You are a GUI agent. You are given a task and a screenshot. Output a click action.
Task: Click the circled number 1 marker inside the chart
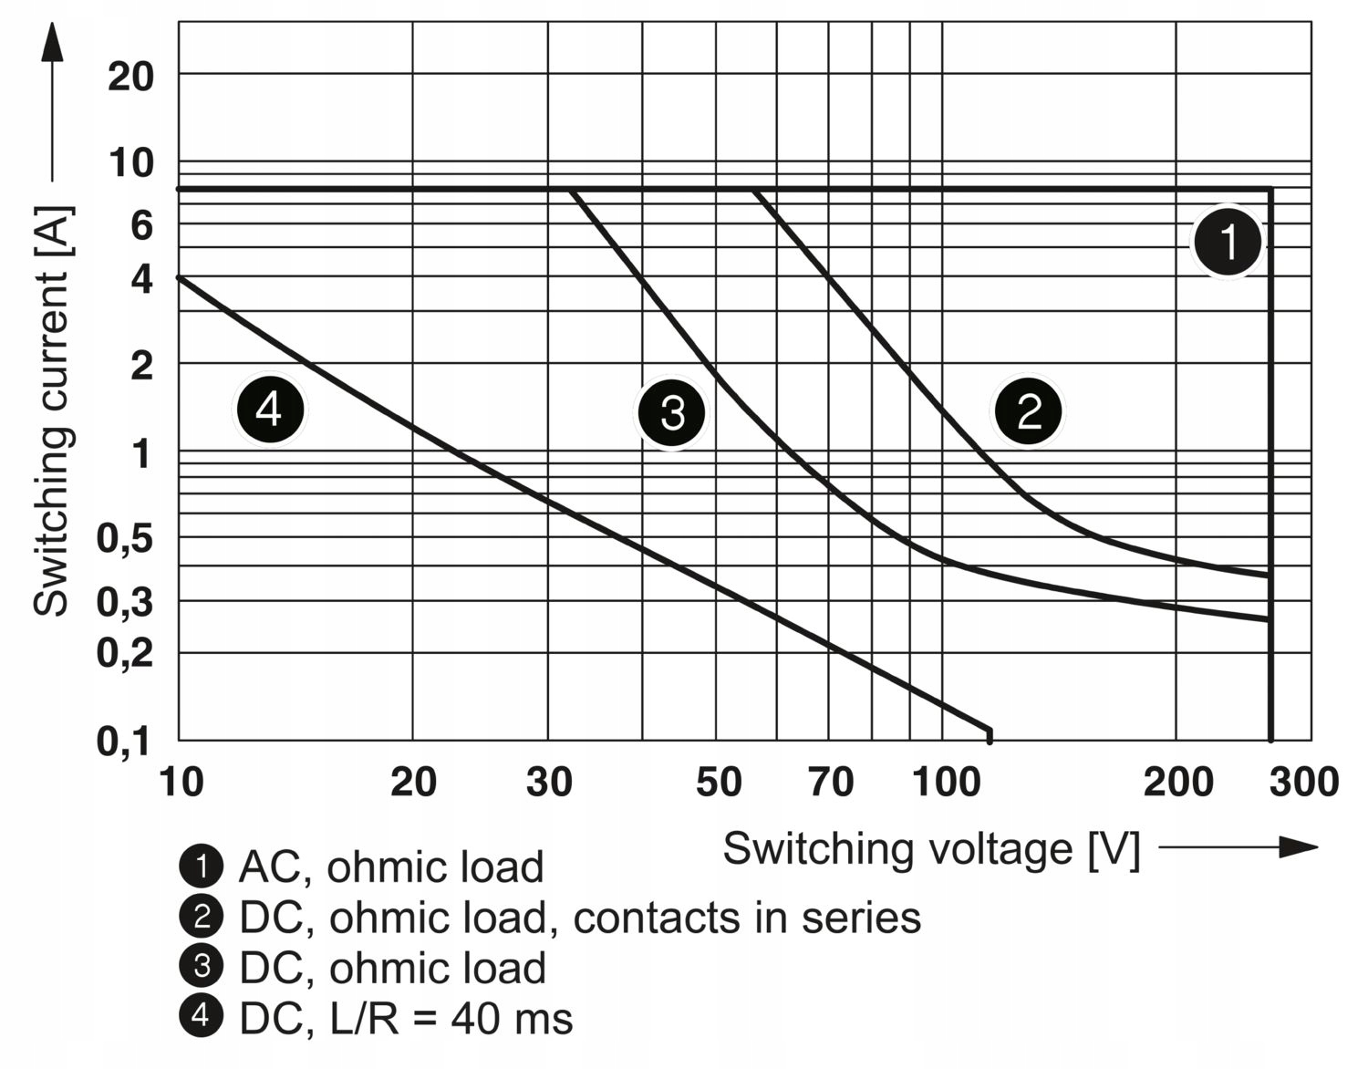click(x=1228, y=243)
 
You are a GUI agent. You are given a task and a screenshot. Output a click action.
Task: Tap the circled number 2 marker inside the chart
click(x=1029, y=411)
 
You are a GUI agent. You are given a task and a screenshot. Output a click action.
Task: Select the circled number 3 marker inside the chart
click(x=672, y=412)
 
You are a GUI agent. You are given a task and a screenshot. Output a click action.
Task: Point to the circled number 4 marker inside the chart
click(x=270, y=410)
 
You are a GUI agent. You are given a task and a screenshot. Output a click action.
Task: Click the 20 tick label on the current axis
click(x=130, y=77)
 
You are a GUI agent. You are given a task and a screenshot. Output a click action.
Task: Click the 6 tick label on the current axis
click(x=141, y=224)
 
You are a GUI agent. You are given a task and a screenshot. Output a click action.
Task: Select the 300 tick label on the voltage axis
click(x=1304, y=783)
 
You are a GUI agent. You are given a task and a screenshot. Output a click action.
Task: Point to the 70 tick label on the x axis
click(x=831, y=783)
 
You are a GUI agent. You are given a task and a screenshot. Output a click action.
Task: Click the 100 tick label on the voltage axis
click(x=946, y=783)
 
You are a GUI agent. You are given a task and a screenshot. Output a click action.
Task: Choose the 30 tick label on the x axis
click(x=549, y=783)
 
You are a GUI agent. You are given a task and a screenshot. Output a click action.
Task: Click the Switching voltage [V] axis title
click(x=931, y=849)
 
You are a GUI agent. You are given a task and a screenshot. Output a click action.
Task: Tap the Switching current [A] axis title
click(x=51, y=410)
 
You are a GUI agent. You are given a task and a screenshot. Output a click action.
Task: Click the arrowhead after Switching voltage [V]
click(x=1299, y=847)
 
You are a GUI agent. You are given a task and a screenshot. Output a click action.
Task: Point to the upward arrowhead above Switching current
click(x=52, y=43)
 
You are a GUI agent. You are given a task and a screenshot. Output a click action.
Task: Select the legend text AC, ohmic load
click(x=390, y=867)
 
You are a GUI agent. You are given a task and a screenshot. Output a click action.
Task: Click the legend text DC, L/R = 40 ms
click(x=406, y=1019)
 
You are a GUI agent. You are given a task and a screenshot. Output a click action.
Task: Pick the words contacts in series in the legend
click(x=747, y=918)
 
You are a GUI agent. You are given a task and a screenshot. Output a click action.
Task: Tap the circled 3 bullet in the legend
click(x=202, y=967)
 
